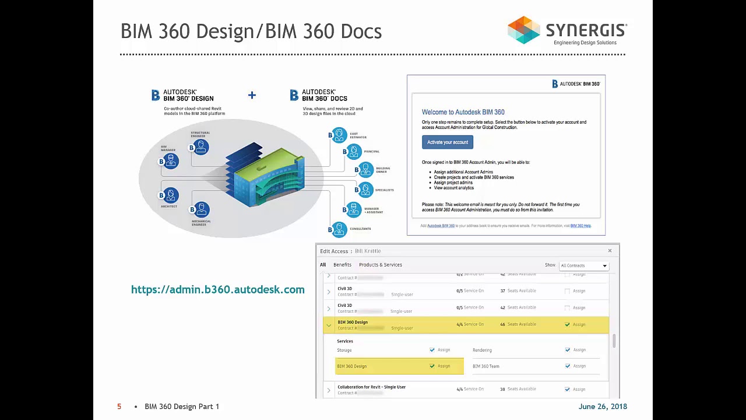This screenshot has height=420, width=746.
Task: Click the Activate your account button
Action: pyautogui.click(x=447, y=142)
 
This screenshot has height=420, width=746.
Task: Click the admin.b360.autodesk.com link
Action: pyautogui.click(x=217, y=290)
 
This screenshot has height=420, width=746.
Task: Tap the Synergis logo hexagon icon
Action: pyautogui.click(x=523, y=30)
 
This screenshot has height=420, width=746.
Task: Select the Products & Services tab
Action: pyautogui.click(x=380, y=265)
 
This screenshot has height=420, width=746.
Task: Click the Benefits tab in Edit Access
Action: pyautogui.click(x=342, y=265)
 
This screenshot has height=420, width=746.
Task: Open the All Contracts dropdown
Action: pyautogui.click(x=584, y=265)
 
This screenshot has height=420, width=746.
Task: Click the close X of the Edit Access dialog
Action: pyautogui.click(x=610, y=251)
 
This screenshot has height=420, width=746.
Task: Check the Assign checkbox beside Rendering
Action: pyautogui.click(x=568, y=350)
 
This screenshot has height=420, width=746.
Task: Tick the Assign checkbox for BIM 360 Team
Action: pyautogui.click(x=568, y=366)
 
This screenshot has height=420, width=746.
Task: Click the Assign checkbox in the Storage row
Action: pyautogui.click(x=432, y=350)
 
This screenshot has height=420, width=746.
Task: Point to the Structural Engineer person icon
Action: pyautogui.click(x=201, y=146)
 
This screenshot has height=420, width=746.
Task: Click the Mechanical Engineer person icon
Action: pyautogui.click(x=201, y=209)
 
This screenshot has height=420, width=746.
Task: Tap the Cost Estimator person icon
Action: pyautogui.click(x=339, y=135)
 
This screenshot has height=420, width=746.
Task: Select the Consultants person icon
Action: pyautogui.click(x=339, y=229)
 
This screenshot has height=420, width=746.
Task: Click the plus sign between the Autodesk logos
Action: pyautogui.click(x=252, y=95)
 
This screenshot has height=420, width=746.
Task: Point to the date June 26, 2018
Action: pyautogui.click(x=603, y=407)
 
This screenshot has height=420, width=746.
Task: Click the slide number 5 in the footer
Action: pyautogui.click(x=119, y=407)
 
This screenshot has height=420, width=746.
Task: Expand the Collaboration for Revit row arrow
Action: pyautogui.click(x=329, y=390)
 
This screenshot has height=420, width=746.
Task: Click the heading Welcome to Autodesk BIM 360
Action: pyautogui.click(x=463, y=112)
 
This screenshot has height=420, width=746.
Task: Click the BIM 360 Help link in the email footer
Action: pyautogui.click(x=580, y=226)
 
